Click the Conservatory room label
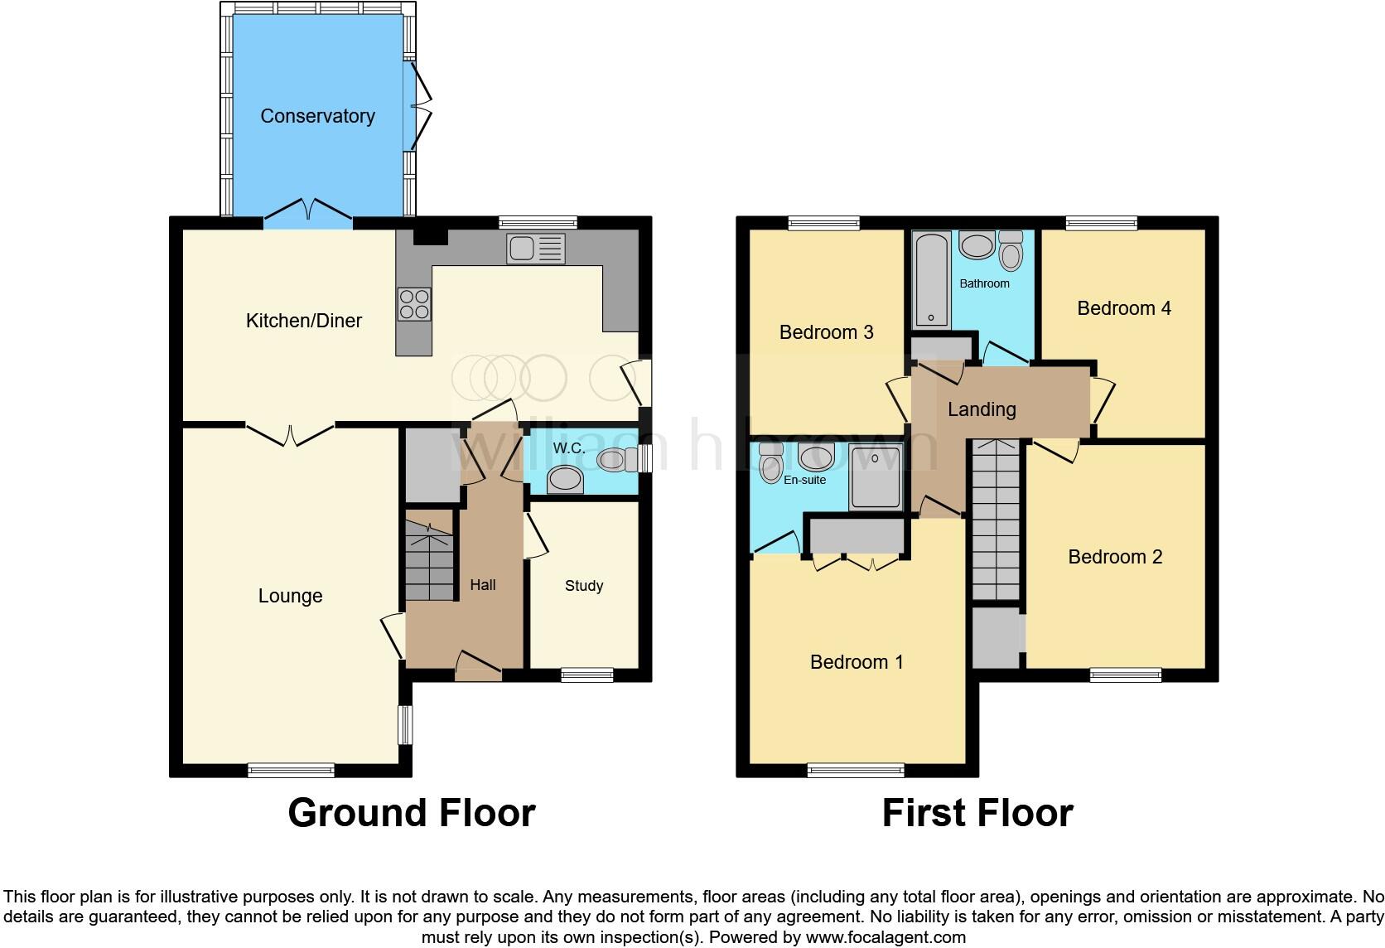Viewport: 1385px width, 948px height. click(317, 116)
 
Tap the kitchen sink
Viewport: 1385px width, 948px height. click(536, 249)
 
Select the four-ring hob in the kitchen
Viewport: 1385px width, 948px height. click(414, 303)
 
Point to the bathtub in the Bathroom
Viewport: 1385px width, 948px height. click(931, 280)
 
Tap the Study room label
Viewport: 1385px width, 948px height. click(583, 586)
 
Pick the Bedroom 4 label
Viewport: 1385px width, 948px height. click(1123, 308)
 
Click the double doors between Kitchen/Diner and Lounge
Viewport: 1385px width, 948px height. click(291, 433)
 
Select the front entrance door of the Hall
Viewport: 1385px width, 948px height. click(479, 666)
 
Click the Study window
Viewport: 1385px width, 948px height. click(586, 675)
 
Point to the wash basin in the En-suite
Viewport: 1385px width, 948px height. click(816, 457)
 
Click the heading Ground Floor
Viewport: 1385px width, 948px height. click(411, 813)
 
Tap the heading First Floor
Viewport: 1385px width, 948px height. click(977, 813)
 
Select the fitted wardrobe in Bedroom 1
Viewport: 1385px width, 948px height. click(857, 536)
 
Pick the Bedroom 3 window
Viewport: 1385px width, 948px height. click(823, 222)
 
